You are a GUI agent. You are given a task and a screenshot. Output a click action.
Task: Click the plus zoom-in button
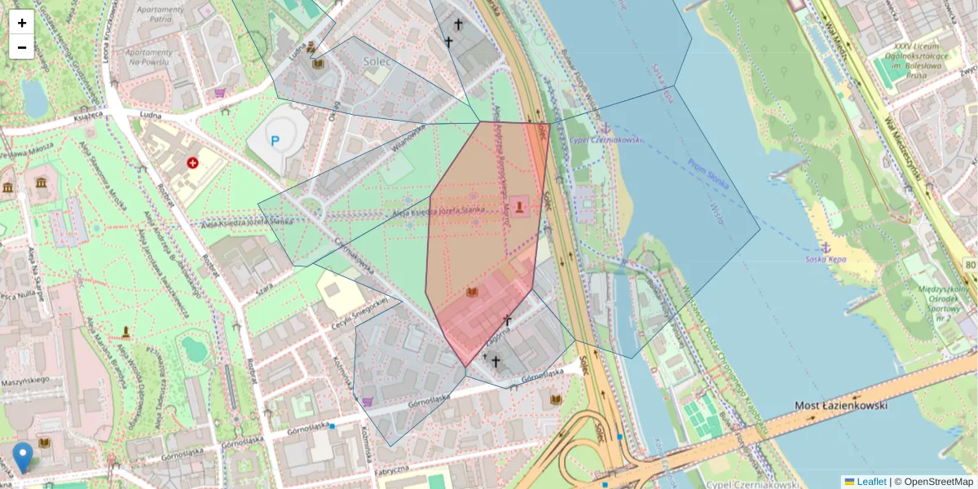click(22, 22)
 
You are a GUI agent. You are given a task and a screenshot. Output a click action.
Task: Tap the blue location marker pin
click(23, 457)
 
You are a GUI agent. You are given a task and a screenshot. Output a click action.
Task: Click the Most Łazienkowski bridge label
click(840, 405)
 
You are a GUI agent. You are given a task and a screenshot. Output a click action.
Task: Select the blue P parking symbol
click(275, 141)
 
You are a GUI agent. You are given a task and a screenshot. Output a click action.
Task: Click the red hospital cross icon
click(193, 164)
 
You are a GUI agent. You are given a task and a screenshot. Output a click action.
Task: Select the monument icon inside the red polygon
click(521, 207)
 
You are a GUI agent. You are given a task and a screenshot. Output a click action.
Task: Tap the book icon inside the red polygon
click(472, 292)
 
